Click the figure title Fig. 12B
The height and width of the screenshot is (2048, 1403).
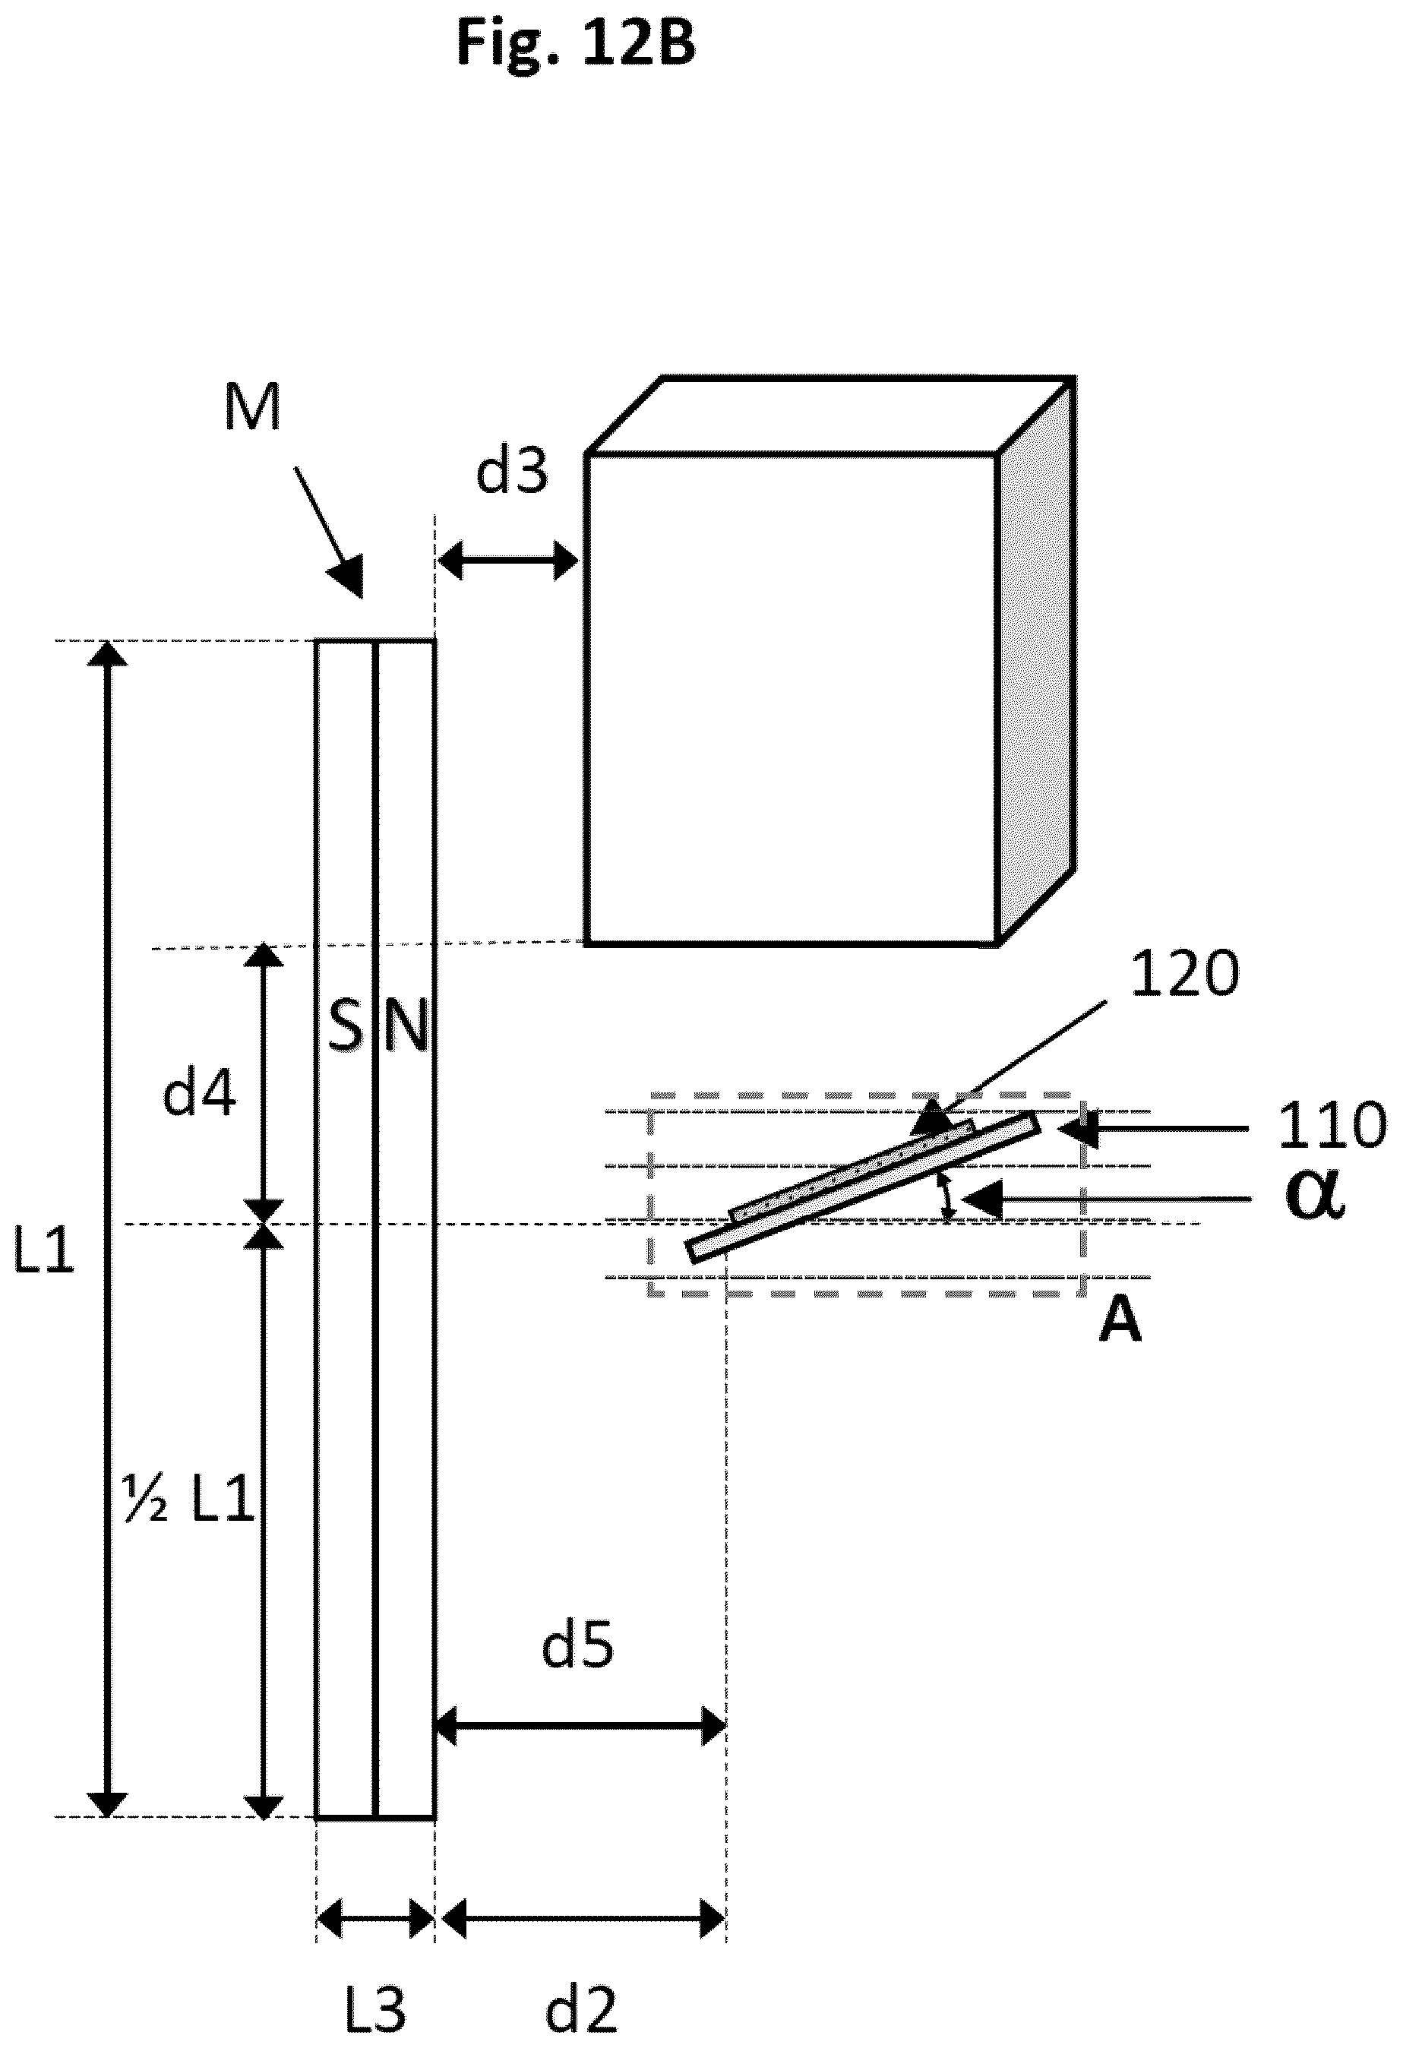(x=577, y=44)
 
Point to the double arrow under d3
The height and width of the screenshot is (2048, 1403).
(x=508, y=561)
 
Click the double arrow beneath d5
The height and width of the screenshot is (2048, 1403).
(x=580, y=1724)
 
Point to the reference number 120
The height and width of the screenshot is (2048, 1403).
(x=1184, y=975)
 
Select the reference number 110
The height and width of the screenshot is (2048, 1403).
(x=1332, y=1127)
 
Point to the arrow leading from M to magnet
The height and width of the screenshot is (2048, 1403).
(x=328, y=533)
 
